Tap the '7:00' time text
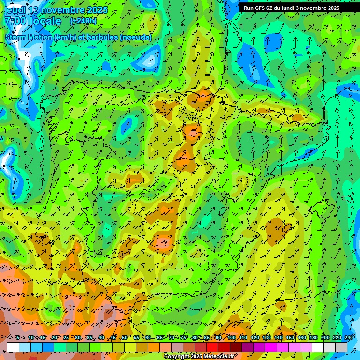pyautogui.click(x=15, y=22)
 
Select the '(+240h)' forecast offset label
pyautogui.click(x=83, y=21)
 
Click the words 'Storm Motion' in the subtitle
pyautogui.click(x=29, y=37)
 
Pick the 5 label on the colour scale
pyautogui.click(x=18, y=337)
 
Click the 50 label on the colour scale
pyautogui.click(x=125, y=337)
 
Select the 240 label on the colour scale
pyautogui.click(x=348, y=337)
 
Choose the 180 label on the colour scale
pyautogui.click(x=313, y=337)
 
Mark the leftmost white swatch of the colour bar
pyautogui.click(x=13, y=347)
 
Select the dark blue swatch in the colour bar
pyautogui.click(x=48, y=347)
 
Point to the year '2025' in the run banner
pyautogui.click(x=333, y=8)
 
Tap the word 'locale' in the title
pyautogui.click(x=45, y=22)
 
